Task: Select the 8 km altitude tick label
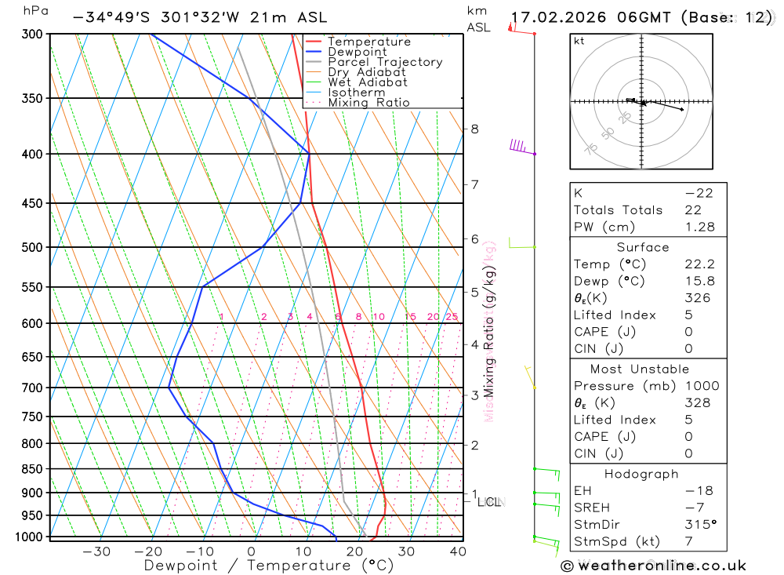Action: (475, 129)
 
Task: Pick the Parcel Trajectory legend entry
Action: (385, 62)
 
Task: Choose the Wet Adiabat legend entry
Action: (367, 82)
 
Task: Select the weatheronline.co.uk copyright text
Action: (653, 566)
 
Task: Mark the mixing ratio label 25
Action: (452, 317)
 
